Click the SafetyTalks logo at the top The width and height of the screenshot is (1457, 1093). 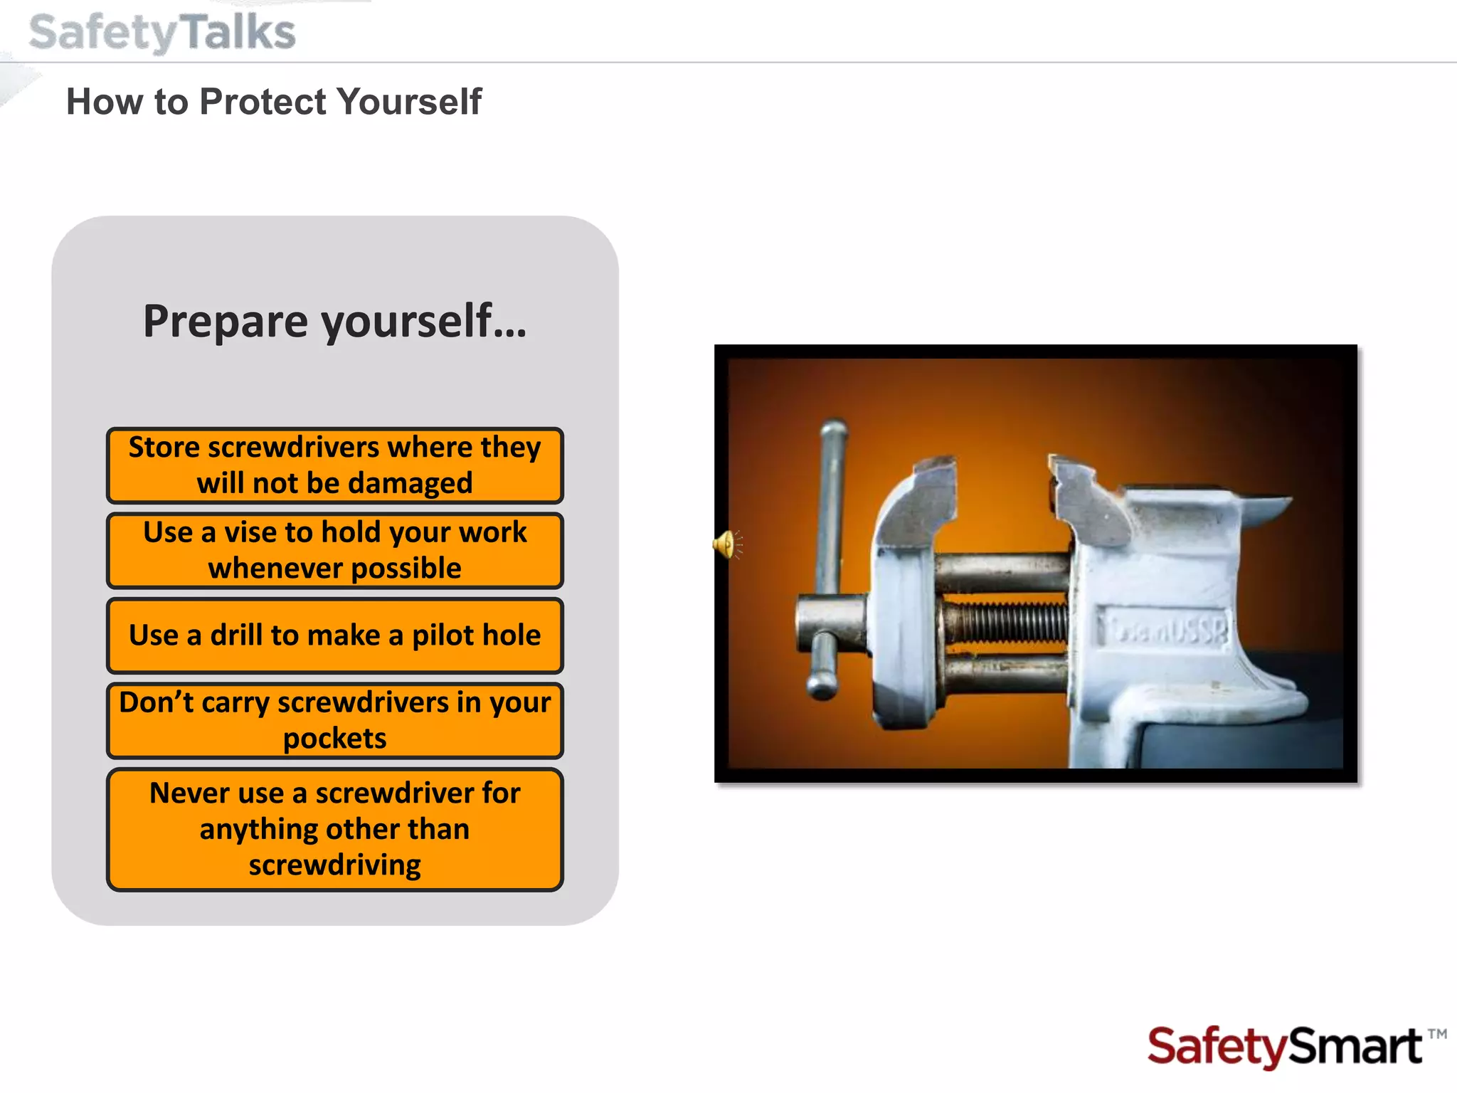[162, 33]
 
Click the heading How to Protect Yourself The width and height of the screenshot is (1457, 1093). [274, 101]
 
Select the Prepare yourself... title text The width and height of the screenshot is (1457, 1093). [335, 321]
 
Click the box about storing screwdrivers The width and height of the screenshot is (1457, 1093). [335, 465]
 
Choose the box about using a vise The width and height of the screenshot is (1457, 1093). [335, 550]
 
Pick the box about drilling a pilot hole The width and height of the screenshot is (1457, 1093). [335, 635]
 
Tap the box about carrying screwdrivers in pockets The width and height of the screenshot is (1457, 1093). [335, 720]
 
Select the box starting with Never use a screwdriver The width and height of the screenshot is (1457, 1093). [335, 829]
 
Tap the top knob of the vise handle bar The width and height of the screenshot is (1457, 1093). [834, 429]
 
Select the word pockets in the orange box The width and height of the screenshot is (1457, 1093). [335, 739]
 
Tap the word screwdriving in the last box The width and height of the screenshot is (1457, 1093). [335, 865]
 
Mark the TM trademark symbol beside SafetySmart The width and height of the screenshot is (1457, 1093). [1437, 1034]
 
